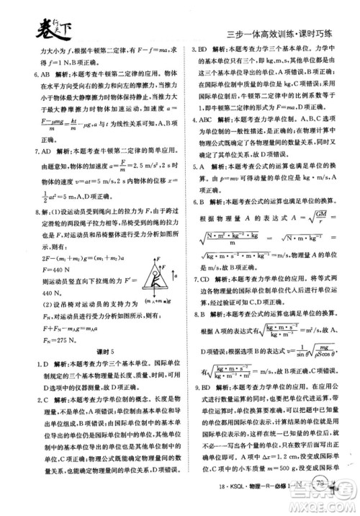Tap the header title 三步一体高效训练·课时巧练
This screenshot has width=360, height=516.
(x=279, y=34)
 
